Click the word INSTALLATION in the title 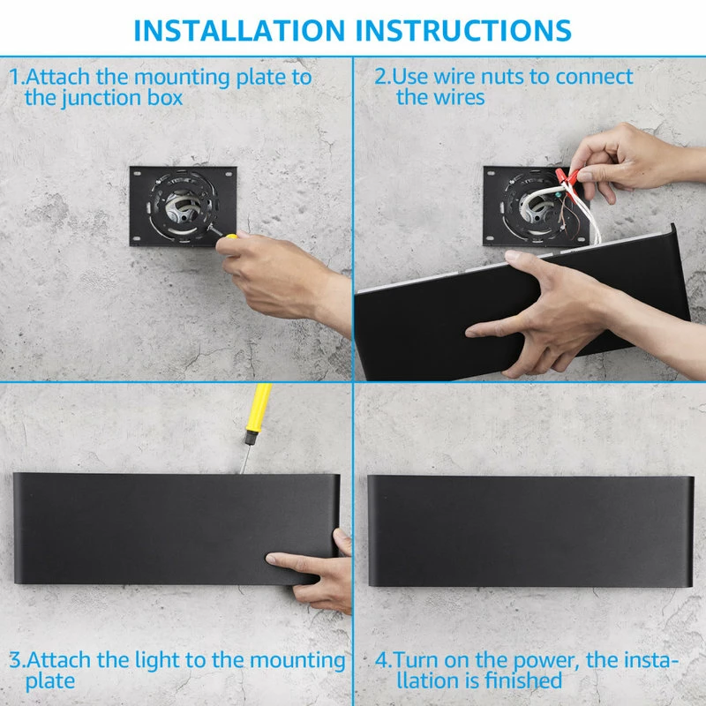click(239, 31)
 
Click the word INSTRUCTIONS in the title click(463, 31)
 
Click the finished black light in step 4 click(531, 531)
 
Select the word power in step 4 click(545, 661)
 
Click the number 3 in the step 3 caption click(15, 660)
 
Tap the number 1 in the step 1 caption click(14, 77)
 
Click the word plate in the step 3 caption click(50, 681)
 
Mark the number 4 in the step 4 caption click(382, 660)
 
